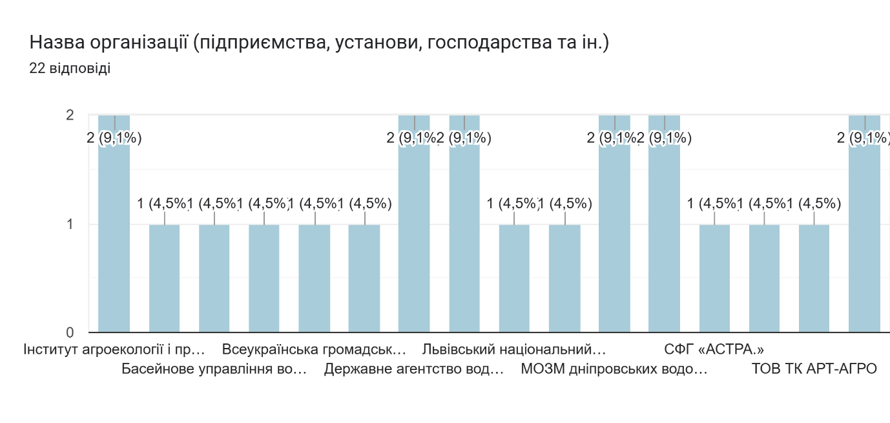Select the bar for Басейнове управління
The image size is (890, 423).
(214, 278)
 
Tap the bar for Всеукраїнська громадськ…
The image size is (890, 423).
(315, 278)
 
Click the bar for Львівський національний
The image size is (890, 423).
(514, 278)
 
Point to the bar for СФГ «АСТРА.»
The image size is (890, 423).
(714, 278)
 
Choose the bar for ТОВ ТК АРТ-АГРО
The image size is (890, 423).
(814, 278)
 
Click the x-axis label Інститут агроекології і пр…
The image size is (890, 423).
(114, 350)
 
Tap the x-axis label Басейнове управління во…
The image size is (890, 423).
(214, 369)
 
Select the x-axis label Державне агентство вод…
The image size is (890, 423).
(414, 369)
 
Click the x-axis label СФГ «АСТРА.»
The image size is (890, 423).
(714, 350)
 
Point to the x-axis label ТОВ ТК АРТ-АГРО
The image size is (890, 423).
(814, 369)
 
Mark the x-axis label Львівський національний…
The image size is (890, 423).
(514, 350)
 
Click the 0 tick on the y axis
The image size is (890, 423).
(70, 332)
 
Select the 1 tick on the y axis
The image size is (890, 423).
(70, 224)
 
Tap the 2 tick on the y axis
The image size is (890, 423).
(70, 115)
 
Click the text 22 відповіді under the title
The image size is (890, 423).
(70, 68)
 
